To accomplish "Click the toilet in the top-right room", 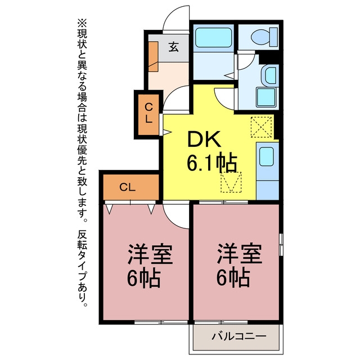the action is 264,37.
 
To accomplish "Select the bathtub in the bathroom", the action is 213,38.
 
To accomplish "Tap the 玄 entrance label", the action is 173,47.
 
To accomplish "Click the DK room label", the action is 204,139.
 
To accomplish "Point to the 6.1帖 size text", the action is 211,163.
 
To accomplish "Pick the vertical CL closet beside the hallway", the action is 148,114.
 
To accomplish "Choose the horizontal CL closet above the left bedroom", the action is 131,187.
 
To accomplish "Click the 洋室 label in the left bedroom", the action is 150,254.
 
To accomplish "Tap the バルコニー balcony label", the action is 238,336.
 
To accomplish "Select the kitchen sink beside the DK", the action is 266,156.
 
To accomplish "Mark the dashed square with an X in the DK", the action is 261,127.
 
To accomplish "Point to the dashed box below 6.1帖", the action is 231,182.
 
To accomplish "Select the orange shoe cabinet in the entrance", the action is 153,56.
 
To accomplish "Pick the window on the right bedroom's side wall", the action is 281,245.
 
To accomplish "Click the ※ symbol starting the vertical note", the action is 82,24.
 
